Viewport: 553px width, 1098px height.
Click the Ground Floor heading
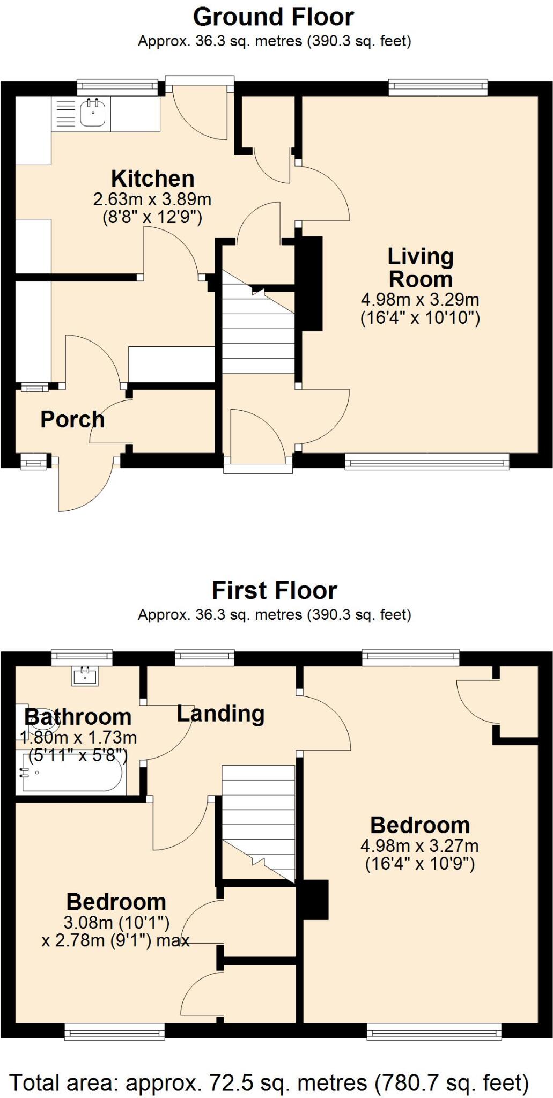coord(273,18)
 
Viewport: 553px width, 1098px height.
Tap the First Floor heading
coord(274,591)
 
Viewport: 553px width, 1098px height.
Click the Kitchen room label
coord(152,179)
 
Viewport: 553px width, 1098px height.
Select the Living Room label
coord(421,268)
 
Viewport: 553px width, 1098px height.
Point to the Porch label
coord(72,419)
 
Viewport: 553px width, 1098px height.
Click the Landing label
coord(220,714)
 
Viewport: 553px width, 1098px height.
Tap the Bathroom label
coord(78,717)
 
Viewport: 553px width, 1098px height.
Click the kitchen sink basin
coord(93,113)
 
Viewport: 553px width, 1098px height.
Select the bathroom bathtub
coord(70,773)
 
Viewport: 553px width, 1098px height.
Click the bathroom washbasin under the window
coord(85,676)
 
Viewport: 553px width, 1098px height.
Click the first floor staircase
coord(259,823)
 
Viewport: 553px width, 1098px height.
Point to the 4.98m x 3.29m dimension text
coord(420,299)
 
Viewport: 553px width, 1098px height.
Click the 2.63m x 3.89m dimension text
coord(152,199)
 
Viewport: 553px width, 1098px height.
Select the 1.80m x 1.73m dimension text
coord(78,738)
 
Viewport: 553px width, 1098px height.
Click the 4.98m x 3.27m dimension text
coord(420,846)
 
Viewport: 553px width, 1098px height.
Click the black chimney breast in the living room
coord(311,283)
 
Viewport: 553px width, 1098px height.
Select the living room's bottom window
coord(427,461)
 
